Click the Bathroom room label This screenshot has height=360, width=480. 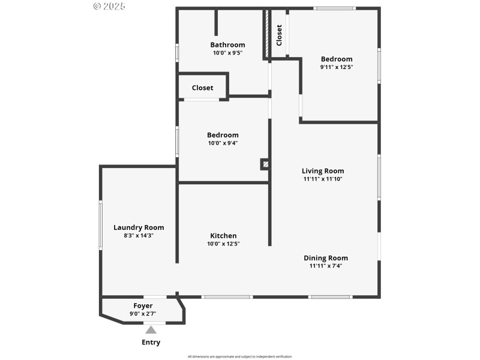227,44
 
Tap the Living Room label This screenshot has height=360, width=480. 323,171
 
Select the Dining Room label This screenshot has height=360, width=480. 326,258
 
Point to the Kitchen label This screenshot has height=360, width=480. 223,236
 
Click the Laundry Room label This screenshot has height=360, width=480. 139,227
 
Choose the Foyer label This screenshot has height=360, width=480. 143,306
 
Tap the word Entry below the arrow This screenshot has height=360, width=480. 151,343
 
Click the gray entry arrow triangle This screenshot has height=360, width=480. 151,329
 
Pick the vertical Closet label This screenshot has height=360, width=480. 279,35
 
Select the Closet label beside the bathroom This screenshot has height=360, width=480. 202,88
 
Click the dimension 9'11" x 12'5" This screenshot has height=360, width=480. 337,67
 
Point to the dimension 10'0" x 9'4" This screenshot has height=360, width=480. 223,143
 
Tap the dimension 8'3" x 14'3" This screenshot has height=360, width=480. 139,236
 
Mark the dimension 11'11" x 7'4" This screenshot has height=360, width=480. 326,266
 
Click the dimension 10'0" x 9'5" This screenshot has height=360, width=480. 227,53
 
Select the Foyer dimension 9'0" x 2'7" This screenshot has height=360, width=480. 143,314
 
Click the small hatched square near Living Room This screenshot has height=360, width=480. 265,163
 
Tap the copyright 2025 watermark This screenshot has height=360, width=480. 109,6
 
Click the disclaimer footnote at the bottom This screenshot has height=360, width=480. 240,356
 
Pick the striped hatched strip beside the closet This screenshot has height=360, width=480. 266,34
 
